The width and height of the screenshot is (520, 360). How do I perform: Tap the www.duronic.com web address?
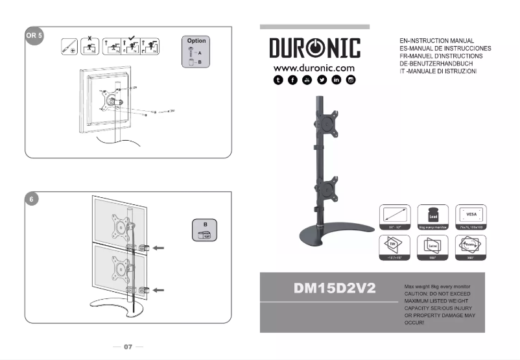click(x=314, y=67)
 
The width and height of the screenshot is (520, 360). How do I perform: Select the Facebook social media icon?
click(x=292, y=80)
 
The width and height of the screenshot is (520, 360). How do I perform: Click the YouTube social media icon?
click(x=307, y=80)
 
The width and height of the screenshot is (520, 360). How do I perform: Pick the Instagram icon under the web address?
click(x=351, y=80)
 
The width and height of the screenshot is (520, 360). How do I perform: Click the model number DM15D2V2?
click(x=334, y=288)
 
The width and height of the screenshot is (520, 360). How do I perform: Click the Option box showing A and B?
click(x=196, y=53)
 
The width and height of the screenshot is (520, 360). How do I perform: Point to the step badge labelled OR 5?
click(x=34, y=35)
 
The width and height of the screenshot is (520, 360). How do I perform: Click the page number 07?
click(x=128, y=347)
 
